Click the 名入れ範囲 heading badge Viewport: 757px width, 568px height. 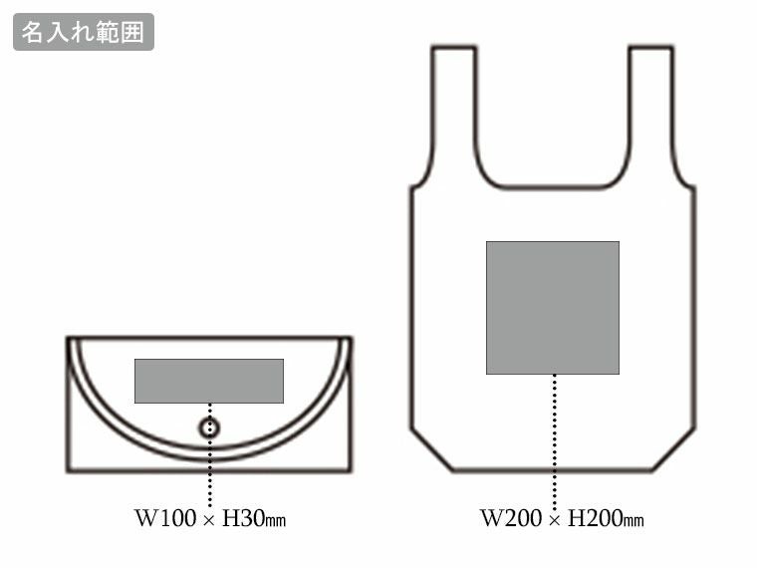(x=84, y=32)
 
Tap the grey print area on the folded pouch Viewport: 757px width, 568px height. (x=209, y=381)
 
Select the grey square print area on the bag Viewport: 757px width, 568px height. (x=553, y=307)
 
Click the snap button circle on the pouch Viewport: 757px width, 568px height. (x=209, y=428)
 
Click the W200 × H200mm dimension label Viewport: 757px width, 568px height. (x=562, y=519)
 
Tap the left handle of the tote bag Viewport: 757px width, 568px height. (x=453, y=110)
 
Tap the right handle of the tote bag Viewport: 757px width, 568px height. (x=651, y=110)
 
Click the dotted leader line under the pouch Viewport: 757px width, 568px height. (x=210, y=473)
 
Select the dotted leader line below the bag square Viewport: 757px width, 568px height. (x=554, y=438)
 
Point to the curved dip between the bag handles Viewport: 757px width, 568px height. (x=553, y=186)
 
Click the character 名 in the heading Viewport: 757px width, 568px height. (x=32, y=32)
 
